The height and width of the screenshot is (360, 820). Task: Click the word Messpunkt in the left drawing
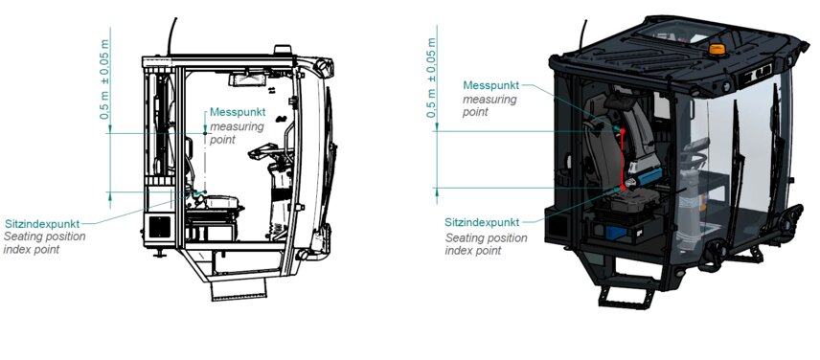pyautogui.click(x=238, y=112)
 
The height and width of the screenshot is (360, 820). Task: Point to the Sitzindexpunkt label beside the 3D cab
pyautogui.click(x=484, y=223)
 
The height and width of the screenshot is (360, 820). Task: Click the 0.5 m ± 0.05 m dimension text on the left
pyautogui.click(x=106, y=78)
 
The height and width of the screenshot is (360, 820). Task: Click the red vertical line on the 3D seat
pyautogui.click(x=623, y=158)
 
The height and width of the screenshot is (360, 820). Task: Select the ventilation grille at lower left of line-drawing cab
pyautogui.click(x=158, y=227)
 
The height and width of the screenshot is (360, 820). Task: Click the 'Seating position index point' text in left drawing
pyautogui.click(x=44, y=243)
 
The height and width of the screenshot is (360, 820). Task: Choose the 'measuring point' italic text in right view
pyautogui.click(x=490, y=105)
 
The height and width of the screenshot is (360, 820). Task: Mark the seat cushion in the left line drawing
pyautogui.click(x=217, y=203)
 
